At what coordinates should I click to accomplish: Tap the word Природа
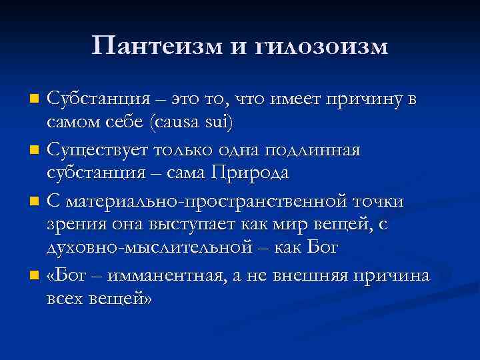pyautogui.click(x=250, y=175)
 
